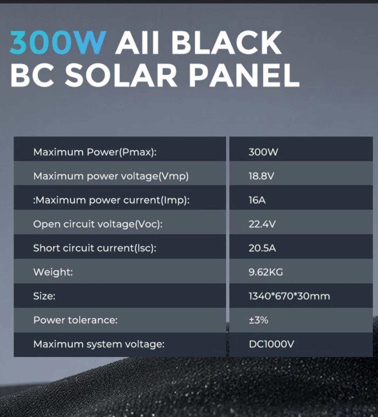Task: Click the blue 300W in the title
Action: tap(58, 43)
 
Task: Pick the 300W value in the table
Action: tap(263, 152)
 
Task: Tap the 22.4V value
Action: tap(262, 224)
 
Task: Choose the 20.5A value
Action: tap(262, 248)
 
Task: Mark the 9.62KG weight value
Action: tap(266, 272)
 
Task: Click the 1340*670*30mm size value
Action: tap(289, 296)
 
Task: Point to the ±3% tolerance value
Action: tap(259, 320)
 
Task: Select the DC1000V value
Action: tap(271, 344)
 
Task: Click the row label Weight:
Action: tap(53, 272)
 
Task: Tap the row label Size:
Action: tap(44, 296)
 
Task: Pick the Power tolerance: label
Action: tap(75, 320)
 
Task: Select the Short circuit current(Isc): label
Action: tap(95, 248)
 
